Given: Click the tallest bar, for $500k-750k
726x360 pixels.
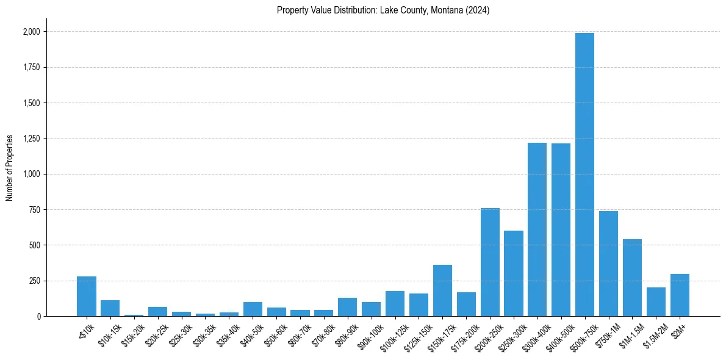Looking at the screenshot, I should coord(584,175).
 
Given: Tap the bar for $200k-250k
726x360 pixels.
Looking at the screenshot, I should coord(490,262).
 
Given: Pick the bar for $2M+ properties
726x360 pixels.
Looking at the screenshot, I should coord(680,295).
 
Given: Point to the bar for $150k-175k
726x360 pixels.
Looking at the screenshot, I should coord(442,290).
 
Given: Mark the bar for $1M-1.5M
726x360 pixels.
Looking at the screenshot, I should coord(632,278).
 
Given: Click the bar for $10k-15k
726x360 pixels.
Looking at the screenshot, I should coord(110,308).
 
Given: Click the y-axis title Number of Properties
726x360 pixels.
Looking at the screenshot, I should coord(10,168).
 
